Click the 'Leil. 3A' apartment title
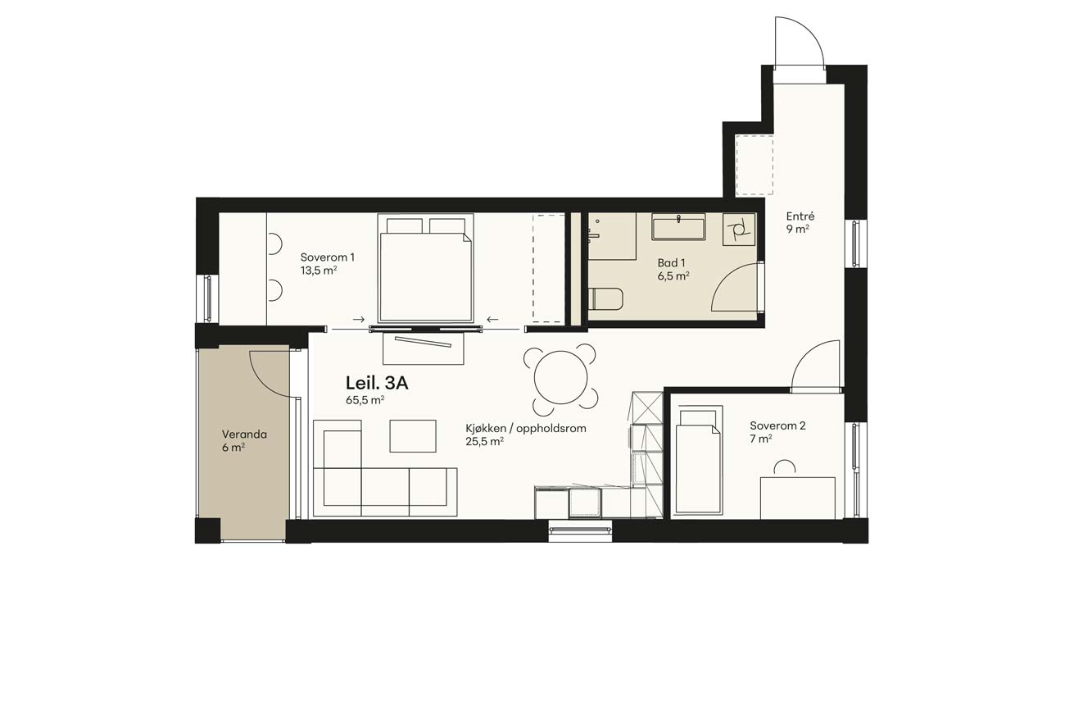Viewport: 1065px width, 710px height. tap(377, 383)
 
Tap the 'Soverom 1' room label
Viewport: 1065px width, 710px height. tap(327, 257)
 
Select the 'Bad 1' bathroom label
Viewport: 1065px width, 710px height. tap(671, 262)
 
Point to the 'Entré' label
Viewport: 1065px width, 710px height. tap(800, 216)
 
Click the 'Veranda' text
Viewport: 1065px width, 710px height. tap(244, 435)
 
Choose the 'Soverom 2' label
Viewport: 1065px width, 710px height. tap(777, 426)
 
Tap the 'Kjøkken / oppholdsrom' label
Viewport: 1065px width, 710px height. tap(526, 428)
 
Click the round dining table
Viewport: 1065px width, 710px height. tap(561, 378)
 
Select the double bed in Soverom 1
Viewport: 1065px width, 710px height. tap(426, 268)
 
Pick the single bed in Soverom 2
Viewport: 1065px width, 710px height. tap(699, 461)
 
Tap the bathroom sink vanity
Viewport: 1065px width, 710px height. tap(678, 226)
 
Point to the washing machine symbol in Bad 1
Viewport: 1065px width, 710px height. tap(739, 230)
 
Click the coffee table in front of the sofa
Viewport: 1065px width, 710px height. tap(413, 436)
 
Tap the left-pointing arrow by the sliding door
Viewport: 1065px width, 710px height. tap(492, 319)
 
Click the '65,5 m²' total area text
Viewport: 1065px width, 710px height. tap(365, 400)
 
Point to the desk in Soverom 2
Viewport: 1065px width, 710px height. tap(798, 498)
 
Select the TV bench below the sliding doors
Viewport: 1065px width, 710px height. tap(424, 348)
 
